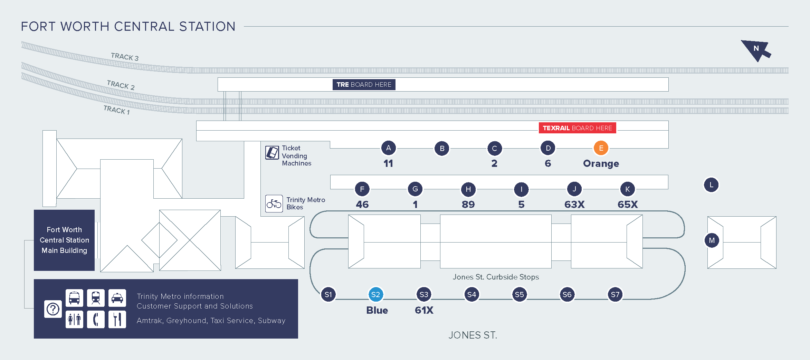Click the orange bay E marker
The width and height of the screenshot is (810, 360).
pyautogui.click(x=601, y=148)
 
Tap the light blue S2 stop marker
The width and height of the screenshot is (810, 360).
pyautogui.click(x=375, y=294)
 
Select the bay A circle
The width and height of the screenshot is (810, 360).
pyautogui.click(x=389, y=148)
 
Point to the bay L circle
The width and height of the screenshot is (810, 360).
pyautogui.click(x=711, y=185)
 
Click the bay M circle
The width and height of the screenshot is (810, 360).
pyautogui.click(x=712, y=240)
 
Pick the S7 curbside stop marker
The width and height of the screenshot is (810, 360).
pyautogui.click(x=615, y=294)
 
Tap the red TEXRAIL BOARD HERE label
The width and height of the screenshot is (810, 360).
pyautogui.click(x=577, y=128)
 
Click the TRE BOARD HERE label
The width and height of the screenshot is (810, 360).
pyautogui.click(x=364, y=85)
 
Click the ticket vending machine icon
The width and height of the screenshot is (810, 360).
pyautogui.click(x=272, y=152)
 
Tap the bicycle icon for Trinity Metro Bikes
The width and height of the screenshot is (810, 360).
pyautogui.click(x=274, y=203)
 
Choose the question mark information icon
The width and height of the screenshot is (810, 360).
pyautogui.click(x=53, y=309)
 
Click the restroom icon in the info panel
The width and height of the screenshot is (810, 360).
pyautogui.click(x=74, y=319)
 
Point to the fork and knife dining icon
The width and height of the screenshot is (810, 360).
pyautogui.click(x=117, y=319)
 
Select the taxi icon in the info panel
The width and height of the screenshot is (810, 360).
pyautogui.click(x=117, y=298)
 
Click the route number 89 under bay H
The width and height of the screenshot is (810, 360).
pyautogui.click(x=468, y=204)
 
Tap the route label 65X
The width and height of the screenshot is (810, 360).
pyautogui.click(x=628, y=204)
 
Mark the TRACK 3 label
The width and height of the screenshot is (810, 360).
pyautogui.click(x=125, y=57)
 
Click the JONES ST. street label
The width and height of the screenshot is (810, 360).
pyautogui.click(x=473, y=335)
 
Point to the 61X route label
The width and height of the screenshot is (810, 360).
pyautogui.click(x=424, y=310)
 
